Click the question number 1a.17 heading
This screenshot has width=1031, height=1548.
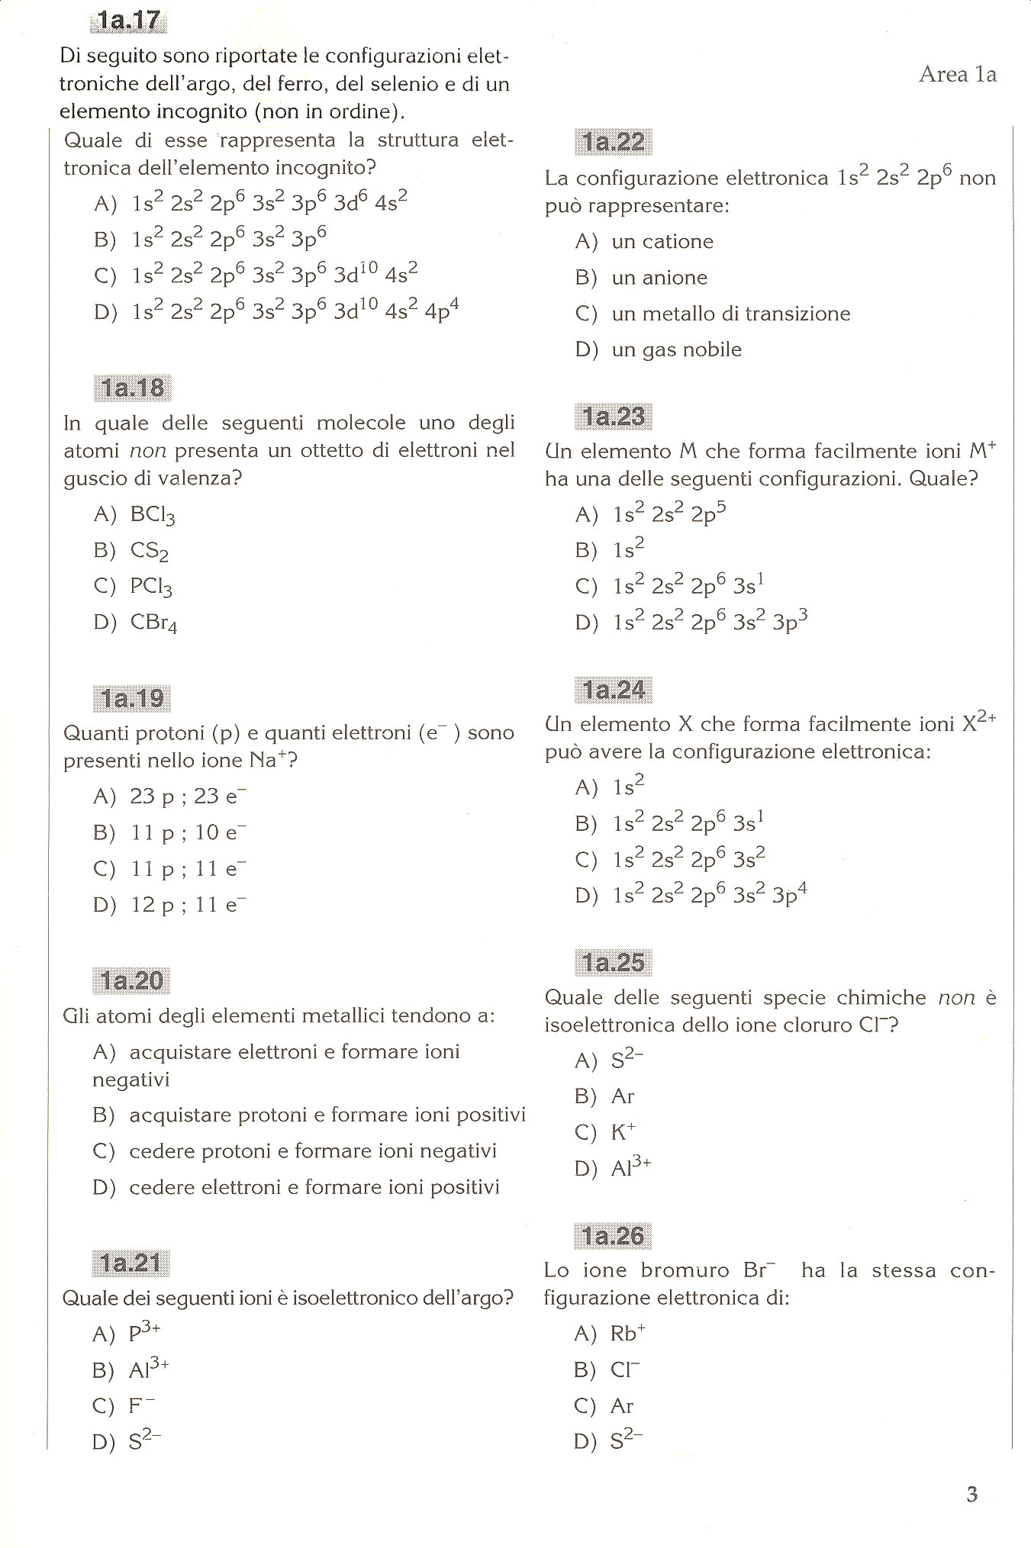[x=128, y=21]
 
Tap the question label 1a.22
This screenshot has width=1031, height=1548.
[x=613, y=142]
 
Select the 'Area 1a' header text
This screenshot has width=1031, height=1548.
[x=958, y=74]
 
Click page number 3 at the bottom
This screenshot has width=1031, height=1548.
[x=971, y=1494]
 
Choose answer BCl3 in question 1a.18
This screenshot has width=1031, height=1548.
[x=153, y=515]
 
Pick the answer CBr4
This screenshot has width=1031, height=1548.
[x=153, y=623]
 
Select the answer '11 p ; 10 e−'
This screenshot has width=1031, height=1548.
[x=188, y=832]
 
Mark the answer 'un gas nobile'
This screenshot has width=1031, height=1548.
[x=676, y=349]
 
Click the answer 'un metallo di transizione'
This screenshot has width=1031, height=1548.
[x=730, y=314]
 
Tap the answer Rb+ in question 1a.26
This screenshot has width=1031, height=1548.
[x=627, y=1333]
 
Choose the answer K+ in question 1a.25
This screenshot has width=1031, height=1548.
[x=623, y=1132]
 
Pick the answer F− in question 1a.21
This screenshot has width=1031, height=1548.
[x=142, y=1405]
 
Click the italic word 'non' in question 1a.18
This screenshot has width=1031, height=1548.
[x=147, y=451]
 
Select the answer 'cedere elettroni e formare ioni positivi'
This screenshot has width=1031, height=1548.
[x=314, y=1187]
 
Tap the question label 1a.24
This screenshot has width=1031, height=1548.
[x=613, y=690]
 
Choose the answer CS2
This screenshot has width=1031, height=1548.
[x=150, y=551]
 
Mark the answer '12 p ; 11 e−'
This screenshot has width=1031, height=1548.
[x=188, y=905]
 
